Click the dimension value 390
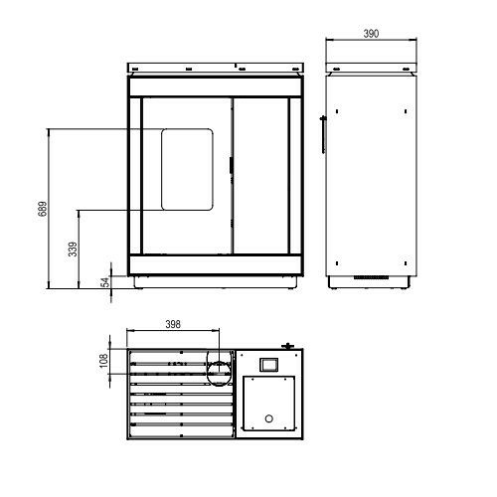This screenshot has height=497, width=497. click(370, 34)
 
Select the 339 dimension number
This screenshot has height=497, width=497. click(73, 249)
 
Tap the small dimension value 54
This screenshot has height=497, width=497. click(103, 282)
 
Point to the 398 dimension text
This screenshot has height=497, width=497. click(174, 325)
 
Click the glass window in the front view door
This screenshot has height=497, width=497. click(187, 168)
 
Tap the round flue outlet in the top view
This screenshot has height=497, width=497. click(217, 367)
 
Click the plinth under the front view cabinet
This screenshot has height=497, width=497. click(214, 281)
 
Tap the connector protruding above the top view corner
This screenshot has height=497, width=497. click(288, 346)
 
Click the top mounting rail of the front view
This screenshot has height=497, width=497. click(214, 69)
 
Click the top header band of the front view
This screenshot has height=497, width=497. click(214, 85)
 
